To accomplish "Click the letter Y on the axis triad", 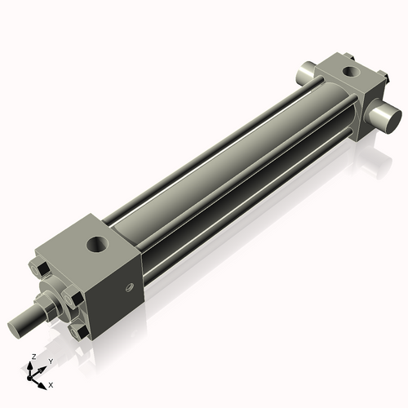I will (51, 361).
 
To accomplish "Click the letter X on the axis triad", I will (51, 384).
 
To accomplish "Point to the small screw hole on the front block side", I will (128, 286).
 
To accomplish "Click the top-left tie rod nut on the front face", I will (39, 268).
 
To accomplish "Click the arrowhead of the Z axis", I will (31, 365).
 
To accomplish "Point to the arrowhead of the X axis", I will (43, 382).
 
